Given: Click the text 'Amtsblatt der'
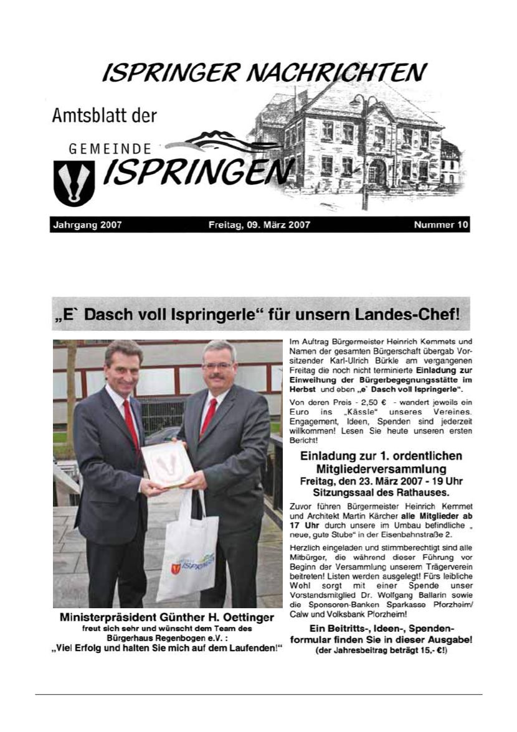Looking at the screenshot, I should [104, 116].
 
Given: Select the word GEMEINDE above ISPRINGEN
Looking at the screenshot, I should [110, 150].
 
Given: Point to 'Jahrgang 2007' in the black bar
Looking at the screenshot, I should [87, 225].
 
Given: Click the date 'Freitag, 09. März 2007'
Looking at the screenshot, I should [259, 225].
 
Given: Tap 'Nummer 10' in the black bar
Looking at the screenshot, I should [441, 225].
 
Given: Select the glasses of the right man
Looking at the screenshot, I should [217, 365].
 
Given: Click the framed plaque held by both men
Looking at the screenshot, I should [168, 464].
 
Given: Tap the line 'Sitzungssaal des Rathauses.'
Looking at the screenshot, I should [382, 491].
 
